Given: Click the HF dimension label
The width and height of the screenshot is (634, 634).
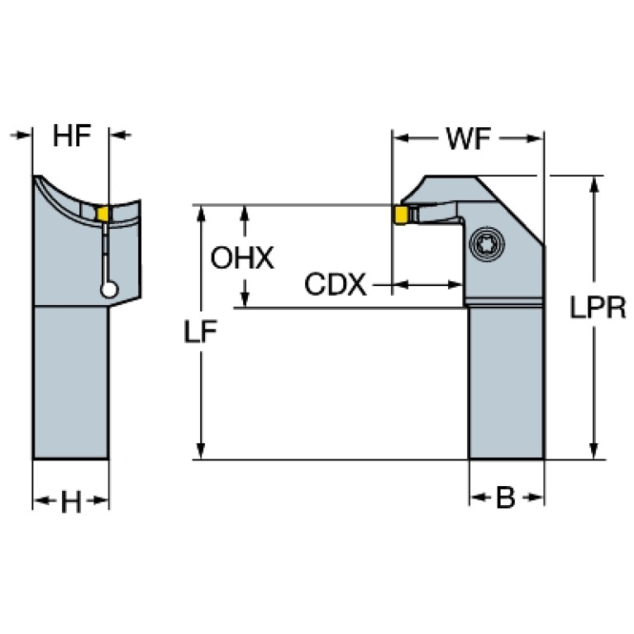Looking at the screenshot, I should pyautogui.click(x=71, y=136).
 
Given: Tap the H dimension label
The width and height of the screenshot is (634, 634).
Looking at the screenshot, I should pyautogui.click(x=71, y=501).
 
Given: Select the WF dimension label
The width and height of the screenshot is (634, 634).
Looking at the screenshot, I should pyautogui.click(x=468, y=139).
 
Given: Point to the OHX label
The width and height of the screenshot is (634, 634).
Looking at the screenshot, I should pyautogui.click(x=241, y=258).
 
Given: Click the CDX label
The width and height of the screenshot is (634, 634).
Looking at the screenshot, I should pyautogui.click(x=335, y=285).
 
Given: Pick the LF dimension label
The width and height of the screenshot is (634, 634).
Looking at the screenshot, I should pyautogui.click(x=201, y=331).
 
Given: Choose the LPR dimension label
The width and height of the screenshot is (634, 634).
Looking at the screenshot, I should pyautogui.click(x=598, y=307).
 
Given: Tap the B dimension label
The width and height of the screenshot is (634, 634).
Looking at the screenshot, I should pyautogui.click(x=506, y=498).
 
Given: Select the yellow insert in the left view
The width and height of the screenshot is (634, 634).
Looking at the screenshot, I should pyautogui.click(x=103, y=214).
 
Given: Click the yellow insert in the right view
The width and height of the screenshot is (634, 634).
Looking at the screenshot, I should pyautogui.click(x=400, y=215).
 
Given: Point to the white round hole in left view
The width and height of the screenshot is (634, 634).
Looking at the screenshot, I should pyautogui.click(x=107, y=288).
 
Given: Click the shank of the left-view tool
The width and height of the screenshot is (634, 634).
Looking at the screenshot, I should pyautogui.click(x=70, y=380).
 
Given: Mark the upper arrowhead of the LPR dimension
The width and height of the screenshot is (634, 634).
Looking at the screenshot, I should pyautogui.click(x=593, y=184).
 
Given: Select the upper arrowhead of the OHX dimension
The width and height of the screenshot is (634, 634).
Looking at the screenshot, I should pyautogui.click(x=245, y=213).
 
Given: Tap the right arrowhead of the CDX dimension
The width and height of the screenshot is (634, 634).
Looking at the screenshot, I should pyautogui.click(x=457, y=285).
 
